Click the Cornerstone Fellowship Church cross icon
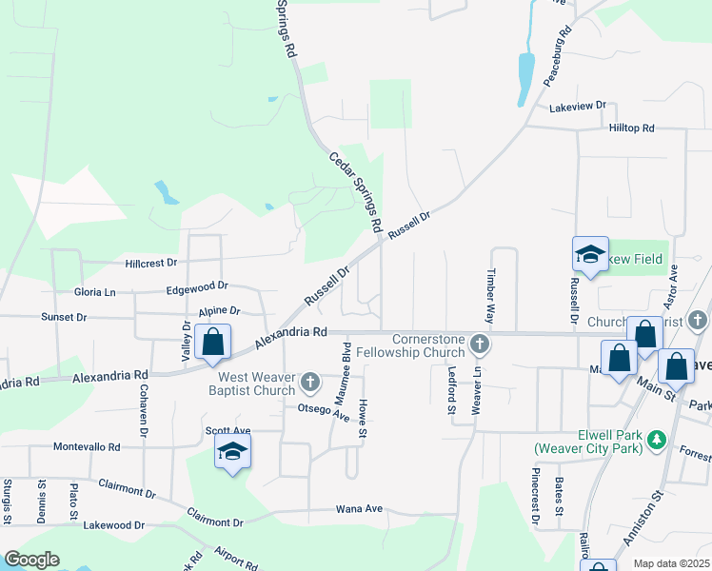[x=482, y=343]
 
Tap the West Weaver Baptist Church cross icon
[x=309, y=383]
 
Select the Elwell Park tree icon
[x=656, y=440]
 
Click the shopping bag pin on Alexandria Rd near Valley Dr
[x=213, y=342]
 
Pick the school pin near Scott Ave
[x=231, y=453]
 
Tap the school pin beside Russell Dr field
[x=590, y=254]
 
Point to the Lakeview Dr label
[x=579, y=106]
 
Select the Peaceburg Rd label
[x=557, y=58]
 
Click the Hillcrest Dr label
[x=151, y=262]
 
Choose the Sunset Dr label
[x=64, y=316]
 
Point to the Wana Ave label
[x=359, y=508]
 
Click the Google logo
[x=31, y=560]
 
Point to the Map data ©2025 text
[x=672, y=563]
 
